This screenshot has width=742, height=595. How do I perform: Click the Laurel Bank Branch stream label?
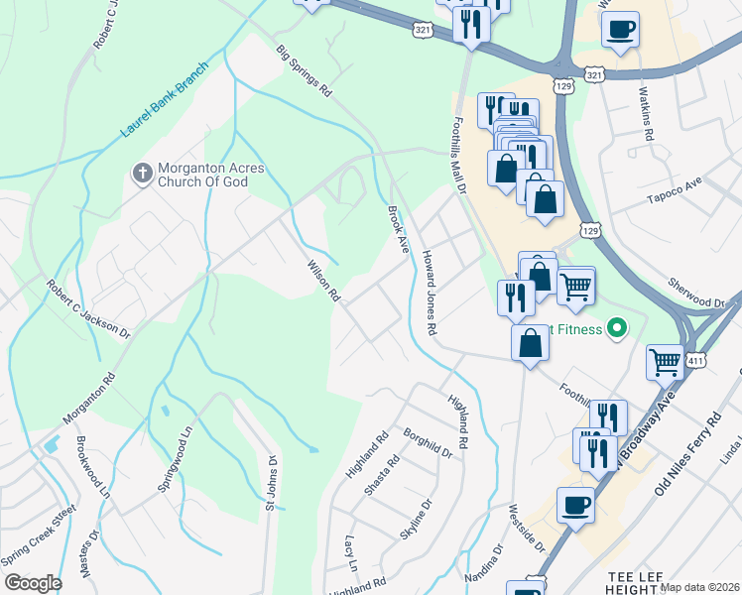coord(165,101)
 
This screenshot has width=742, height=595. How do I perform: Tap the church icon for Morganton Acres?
coord(142,174)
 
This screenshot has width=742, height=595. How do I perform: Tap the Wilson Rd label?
coord(323,281)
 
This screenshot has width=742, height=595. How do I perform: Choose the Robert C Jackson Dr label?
coord(87,309)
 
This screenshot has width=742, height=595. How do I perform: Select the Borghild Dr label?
coord(428,443)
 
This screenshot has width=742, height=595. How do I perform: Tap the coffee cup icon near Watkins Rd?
coord(620,30)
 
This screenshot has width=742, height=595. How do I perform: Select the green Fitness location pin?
coord(617,327)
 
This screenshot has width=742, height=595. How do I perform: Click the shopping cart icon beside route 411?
coord(664,362)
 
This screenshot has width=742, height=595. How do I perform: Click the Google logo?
coord(33,583)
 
